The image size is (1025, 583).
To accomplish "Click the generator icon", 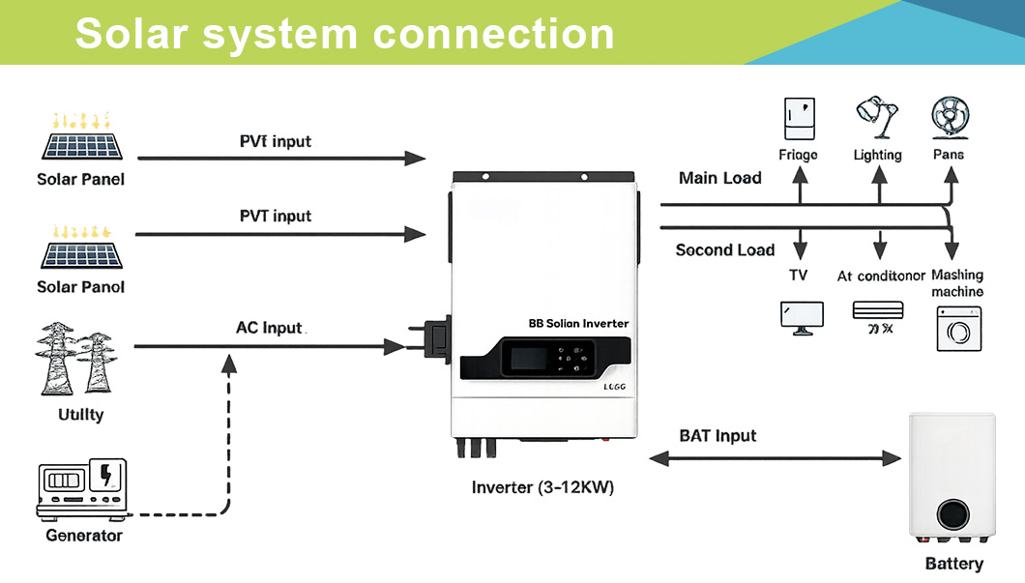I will pos(82,487).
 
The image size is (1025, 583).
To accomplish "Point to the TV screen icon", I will pos(802,317).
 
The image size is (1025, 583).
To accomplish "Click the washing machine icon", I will pos(958,329).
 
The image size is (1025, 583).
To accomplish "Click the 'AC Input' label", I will pos(270,328).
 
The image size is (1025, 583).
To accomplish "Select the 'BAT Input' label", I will pos(717,436).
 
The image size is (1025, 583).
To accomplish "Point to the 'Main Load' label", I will pos(719,178).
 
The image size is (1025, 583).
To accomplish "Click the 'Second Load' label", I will pos(724,250).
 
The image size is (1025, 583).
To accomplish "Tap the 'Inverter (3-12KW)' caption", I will pos(542,487).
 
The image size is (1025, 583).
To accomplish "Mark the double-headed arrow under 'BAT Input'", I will pos(775,457).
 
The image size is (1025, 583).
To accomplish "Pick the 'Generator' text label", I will pos(84,535).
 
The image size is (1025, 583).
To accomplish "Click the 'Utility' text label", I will pos(81,415).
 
